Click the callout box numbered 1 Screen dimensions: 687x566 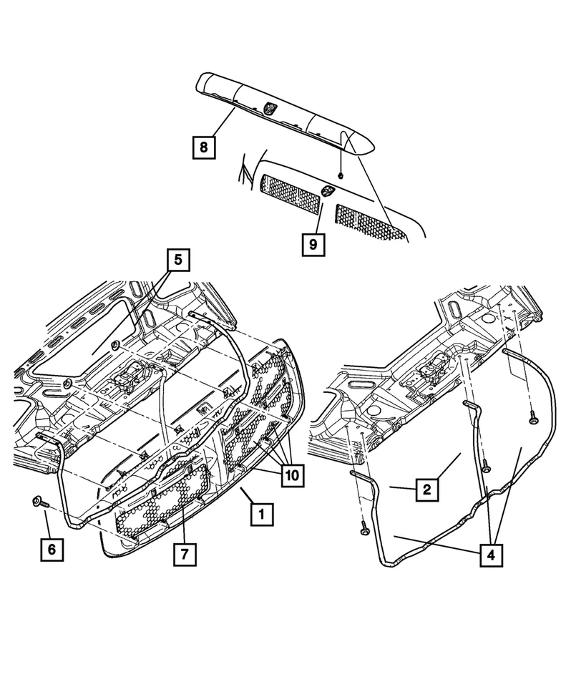(x=261, y=513)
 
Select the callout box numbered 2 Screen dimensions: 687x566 (x=426, y=490)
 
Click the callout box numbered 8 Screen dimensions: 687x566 (x=204, y=148)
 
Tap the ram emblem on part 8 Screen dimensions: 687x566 (x=270, y=108)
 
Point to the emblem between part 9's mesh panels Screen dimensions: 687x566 (x=327, y=191)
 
